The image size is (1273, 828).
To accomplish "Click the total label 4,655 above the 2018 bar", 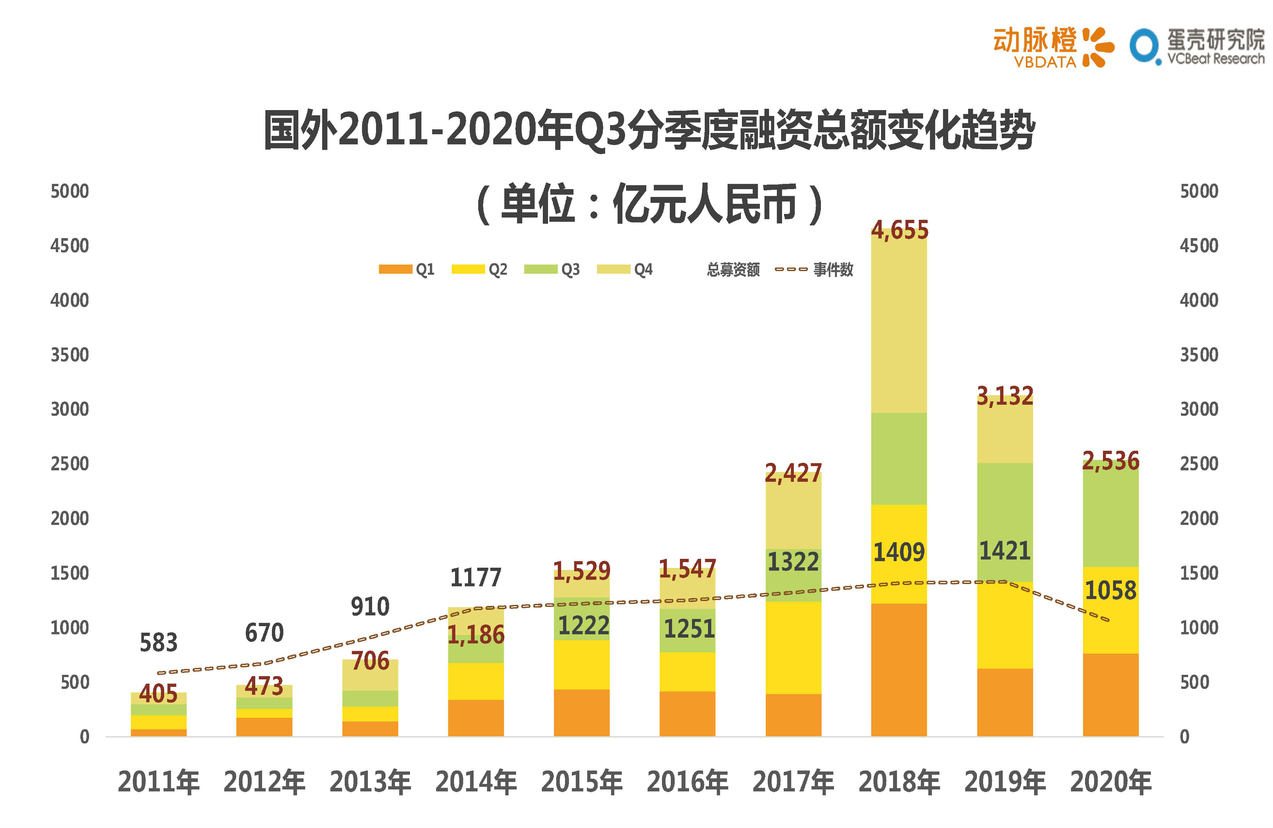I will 899,230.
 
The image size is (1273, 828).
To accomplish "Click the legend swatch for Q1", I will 395,269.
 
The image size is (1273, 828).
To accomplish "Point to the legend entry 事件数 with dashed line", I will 814,269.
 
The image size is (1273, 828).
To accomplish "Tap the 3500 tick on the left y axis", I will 70,355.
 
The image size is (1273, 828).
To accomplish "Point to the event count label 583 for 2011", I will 158,642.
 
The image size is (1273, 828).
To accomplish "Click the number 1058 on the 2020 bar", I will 1110,590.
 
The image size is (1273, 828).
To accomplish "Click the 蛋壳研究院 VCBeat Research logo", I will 1197,47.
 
